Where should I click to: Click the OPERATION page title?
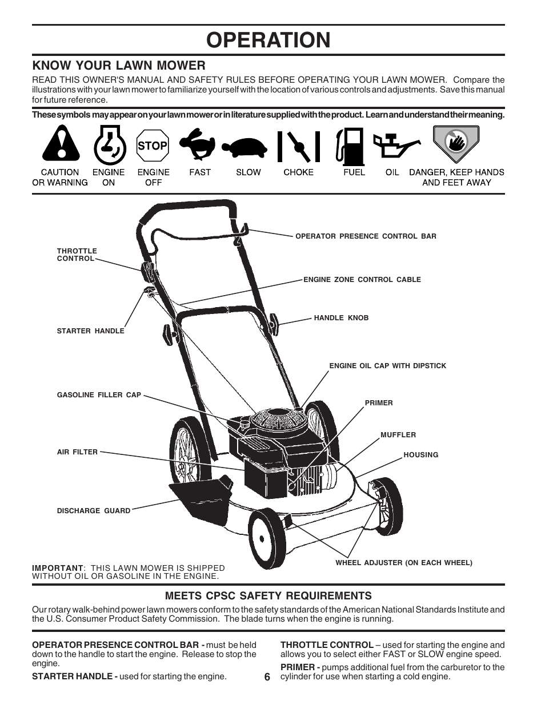269,40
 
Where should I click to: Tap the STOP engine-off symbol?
153,146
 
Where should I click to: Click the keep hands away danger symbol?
455,144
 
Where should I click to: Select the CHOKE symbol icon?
298,146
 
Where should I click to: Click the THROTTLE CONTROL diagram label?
77,255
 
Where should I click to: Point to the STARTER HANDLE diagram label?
90,331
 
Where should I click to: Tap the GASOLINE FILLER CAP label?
99,395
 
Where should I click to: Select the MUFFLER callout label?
398,435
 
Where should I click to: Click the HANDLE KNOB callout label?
341,318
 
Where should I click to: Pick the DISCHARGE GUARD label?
94,511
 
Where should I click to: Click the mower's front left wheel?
267,539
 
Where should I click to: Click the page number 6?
267,676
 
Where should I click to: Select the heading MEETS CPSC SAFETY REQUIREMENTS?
269,596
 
